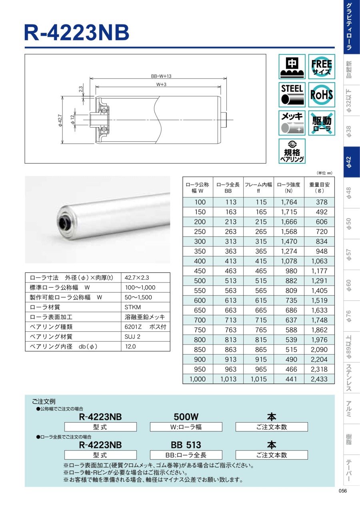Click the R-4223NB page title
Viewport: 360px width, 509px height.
(77, 32)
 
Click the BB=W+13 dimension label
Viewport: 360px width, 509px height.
(161, 76)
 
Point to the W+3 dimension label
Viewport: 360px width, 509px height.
(161, 84)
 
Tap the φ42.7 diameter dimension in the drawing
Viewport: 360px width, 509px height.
(60, 120)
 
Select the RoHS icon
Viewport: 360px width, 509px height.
(321, 94)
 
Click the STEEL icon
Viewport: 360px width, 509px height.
(292, 94)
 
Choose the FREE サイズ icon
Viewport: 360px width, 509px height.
(321, 66)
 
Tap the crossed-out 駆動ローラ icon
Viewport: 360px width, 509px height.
(321, 123)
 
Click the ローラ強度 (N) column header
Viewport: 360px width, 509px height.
(289, 188)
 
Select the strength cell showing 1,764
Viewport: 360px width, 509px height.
(289, 202)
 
